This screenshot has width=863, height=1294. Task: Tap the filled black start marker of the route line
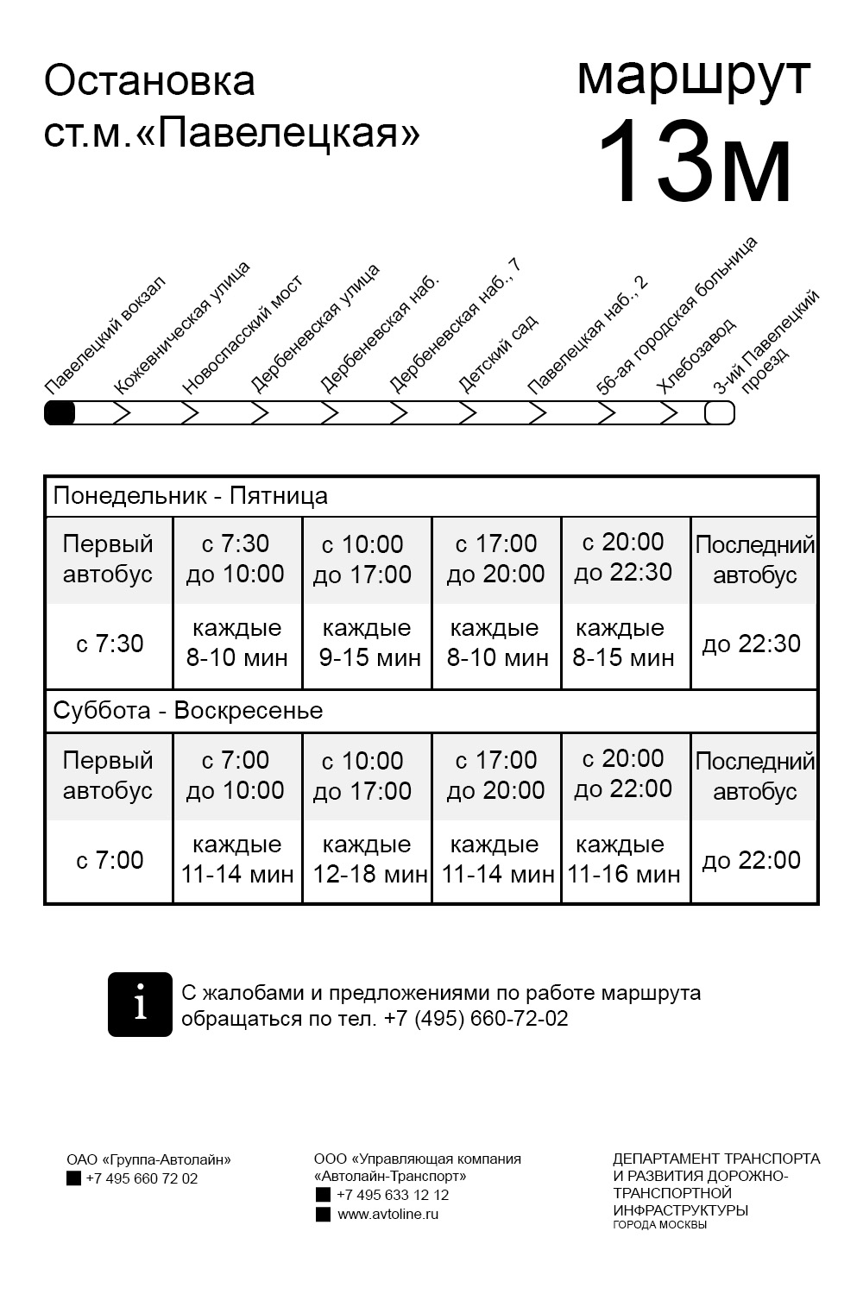(60, 413)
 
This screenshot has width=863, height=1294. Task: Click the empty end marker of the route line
(720, 413)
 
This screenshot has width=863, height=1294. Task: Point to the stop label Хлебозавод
(696, 355)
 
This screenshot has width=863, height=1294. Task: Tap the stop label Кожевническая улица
(182, 328)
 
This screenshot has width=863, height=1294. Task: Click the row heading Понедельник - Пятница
(191, 496)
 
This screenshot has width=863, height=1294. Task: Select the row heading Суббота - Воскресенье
(188, 711)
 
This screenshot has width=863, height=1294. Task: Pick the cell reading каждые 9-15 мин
(369, 644)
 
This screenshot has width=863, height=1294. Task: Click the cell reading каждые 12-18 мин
(369, 860)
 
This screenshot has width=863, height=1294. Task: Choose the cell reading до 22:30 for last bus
(752, 644)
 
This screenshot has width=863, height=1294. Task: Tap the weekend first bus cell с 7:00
(110, 860)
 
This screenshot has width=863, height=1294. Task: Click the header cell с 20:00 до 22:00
(623, 774)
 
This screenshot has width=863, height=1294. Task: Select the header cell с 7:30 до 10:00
(236, 559)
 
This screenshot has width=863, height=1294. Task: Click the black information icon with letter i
(140, 1004)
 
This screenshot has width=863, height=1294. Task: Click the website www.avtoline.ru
(387, 1214)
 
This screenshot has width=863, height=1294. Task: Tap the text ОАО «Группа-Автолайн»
(148, 1160)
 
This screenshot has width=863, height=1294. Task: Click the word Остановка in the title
(149, 81)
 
